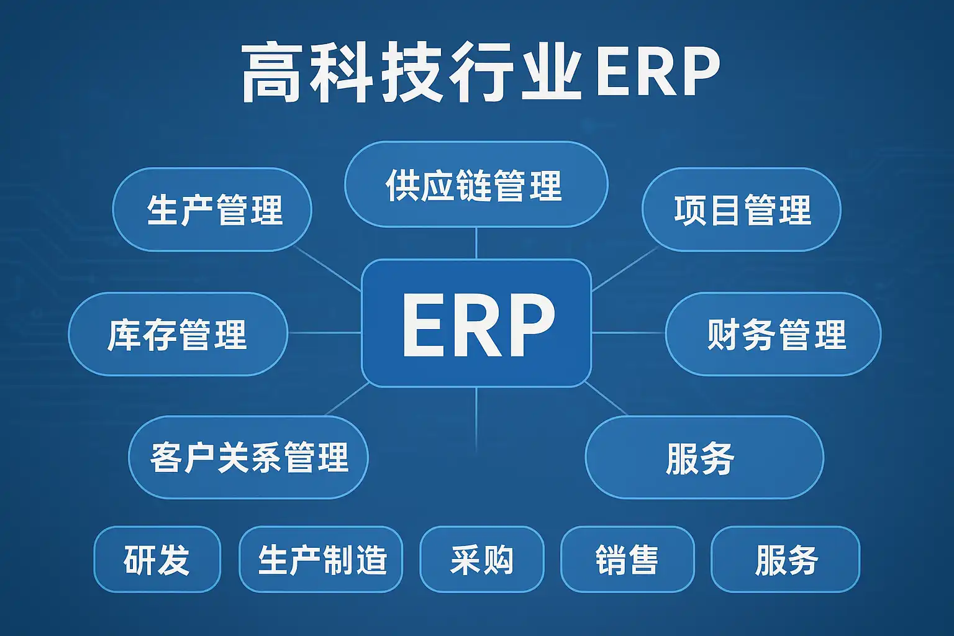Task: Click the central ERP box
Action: click(476, 323)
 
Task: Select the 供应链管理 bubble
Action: click(476, 184)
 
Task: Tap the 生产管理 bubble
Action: click(212, 209)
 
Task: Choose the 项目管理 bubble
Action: click(742, 209)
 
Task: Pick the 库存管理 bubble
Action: click(178, 334)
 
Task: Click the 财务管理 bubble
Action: click(773, 334)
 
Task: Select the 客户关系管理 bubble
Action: click(248, 457)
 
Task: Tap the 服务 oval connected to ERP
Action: click(704, 457)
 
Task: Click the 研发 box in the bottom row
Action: click(157, 560)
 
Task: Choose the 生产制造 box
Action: click(320, 560)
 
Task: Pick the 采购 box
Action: click(482, 560)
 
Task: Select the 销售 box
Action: click(627, 560)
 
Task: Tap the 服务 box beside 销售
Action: click(785, 560)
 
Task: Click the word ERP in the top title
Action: click(658, 71)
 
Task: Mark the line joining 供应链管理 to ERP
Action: click(476, 243)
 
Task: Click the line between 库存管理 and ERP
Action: click(325, 333)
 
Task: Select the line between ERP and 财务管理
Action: click(629, 333)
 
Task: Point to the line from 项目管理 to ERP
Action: click(625, 269)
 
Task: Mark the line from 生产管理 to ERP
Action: click(327, 269)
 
